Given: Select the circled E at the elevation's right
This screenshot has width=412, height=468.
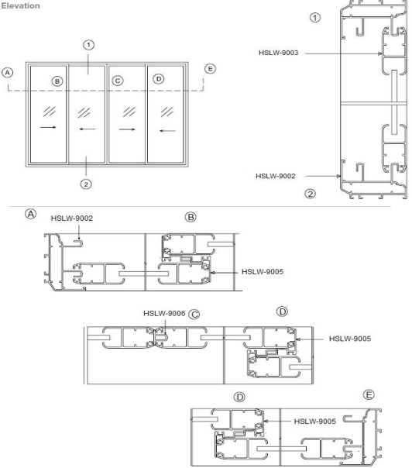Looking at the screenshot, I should coord(208,69).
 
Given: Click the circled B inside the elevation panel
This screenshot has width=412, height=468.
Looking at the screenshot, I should coord(56,81).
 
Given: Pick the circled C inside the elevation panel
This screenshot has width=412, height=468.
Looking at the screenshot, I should coord(118,81).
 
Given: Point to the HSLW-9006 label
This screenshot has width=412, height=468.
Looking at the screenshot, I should coord(163,313).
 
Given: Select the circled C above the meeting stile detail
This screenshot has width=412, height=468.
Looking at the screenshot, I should coord(194,314).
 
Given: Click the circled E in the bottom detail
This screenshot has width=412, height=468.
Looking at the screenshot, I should coord(370,395).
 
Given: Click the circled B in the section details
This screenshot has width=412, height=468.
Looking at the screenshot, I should coord(188,217).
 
